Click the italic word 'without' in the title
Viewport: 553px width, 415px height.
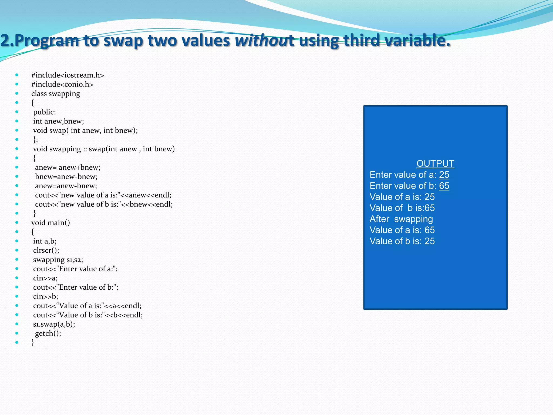pos(264,41)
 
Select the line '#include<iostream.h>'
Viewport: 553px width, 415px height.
pos(68,75)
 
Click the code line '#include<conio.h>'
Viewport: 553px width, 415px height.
pos(62,84)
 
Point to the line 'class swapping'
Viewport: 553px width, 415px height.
pos(56,94)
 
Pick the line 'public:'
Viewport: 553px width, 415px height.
pos(45,112)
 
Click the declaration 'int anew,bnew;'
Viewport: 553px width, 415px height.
pos(59,121)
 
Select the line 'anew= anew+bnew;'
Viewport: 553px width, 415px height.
pos(68,168)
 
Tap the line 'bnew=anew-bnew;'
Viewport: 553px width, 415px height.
pos(66,177)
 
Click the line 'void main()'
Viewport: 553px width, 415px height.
pos(50,223)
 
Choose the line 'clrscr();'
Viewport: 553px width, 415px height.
pos(46,250)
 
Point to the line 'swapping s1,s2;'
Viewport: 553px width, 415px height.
pos(58,260)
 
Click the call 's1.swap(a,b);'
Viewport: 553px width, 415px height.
pos(54,324)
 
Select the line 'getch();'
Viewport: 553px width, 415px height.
pos(48,333)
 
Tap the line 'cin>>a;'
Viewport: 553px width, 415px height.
pos(45,278)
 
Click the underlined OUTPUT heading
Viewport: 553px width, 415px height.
pos(435,164)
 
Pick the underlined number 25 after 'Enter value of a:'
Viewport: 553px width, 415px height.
pos(444,175)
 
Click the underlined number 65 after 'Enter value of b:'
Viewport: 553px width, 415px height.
pos(444,186)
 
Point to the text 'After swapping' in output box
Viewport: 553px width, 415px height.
pos(401,219)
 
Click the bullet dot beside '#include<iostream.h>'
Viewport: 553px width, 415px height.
pos(17,75)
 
